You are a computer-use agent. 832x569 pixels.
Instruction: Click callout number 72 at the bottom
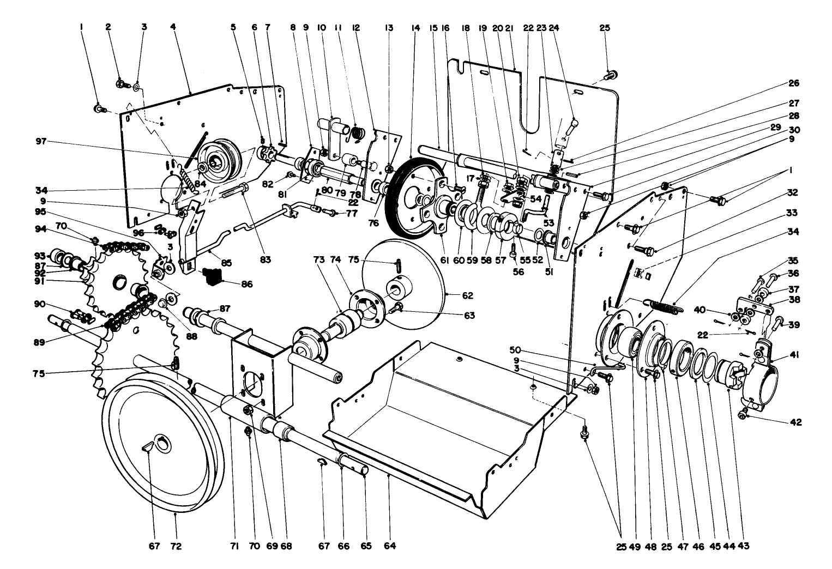click(176, 546)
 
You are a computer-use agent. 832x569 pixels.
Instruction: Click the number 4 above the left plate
click(173, 26)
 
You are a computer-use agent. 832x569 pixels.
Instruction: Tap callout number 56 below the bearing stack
click(518, 271)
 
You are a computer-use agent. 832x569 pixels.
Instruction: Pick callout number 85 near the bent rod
click(226, 262)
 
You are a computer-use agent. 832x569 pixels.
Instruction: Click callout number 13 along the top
click(388, 26)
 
